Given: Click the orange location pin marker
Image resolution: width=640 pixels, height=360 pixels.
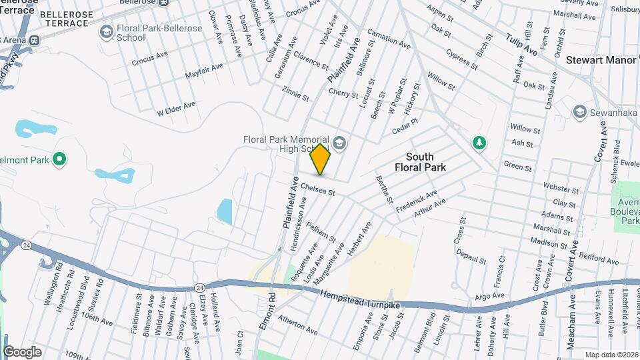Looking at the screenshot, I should point(321,159).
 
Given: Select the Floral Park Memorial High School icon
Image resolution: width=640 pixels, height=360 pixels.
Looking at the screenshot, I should point(339,141).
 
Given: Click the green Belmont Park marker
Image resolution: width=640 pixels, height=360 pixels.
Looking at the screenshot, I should point(59,159).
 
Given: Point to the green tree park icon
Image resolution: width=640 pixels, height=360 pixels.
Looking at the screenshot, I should point(478,141).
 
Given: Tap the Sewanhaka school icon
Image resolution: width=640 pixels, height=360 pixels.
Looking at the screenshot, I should point(579,111).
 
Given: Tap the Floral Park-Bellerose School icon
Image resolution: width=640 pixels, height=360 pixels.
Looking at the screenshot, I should point(106,32).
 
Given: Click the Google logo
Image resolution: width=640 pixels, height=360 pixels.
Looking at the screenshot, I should point(22,351).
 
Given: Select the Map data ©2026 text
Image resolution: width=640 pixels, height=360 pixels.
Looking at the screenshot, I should point(611,355).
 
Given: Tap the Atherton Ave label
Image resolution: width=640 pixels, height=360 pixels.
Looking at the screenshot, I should point(298,324).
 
